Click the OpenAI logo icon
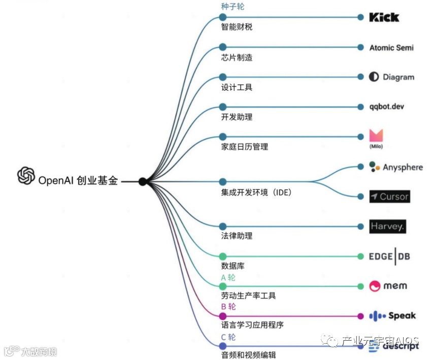pyautogui.click(x=26, y=175)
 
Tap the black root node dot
pyautogui.click(x=143, y=181)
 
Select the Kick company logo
pyautogui.click(x=384, y=17)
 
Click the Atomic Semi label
pyautogui.click(x=391, y=47)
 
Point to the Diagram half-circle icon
pyautogui.click(x=374, y=77)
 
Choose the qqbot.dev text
pyautogui.click(x=387, y=107)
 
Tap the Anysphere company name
pyautogui.click(x=403, y=167)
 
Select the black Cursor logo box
pyautogui.click(x=389, y=197)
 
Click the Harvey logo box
pyautogui.click(x=388, y=226)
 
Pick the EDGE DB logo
pyautogui.click(x=389, y=256)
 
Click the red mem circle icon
pyautogui.click(x=375, y=286)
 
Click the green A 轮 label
pyautogui.click(x=228, y=277)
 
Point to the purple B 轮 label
pyautogui.click(x=228, y=307)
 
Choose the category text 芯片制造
pyautogui.click(x=237, y=57)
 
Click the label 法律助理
pyautogui.click(x=237, y=236)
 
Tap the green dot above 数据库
pyautogui.click(x=222, y=256)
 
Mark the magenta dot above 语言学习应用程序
pyautogui.click(x=222, y=316)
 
